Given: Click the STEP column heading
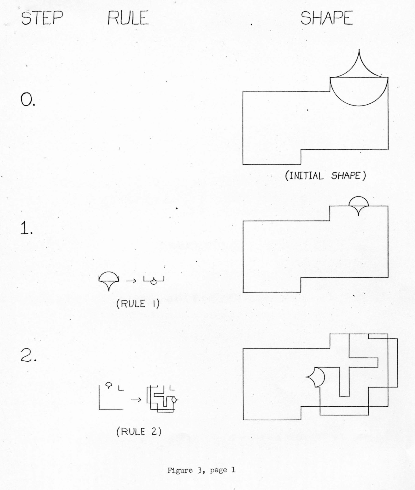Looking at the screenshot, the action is tap(42, 18).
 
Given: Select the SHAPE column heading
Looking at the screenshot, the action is tap(327, 18).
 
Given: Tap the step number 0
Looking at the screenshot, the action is tap(28, 100).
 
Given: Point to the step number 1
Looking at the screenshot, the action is tap(27, 228).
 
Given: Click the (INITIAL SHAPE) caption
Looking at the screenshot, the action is tap(325, 175).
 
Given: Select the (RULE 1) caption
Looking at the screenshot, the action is tap(138, 304).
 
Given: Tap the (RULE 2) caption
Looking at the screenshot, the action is tap(139, 431).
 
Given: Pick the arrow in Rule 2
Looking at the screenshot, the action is tap(136, 400).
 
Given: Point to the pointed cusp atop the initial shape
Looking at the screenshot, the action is tap(359, 50).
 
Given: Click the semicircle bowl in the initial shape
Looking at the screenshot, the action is tap(359, 106).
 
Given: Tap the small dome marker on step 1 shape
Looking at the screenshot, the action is tap(359, 197).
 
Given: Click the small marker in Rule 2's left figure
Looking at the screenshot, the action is tap(108, 384).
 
